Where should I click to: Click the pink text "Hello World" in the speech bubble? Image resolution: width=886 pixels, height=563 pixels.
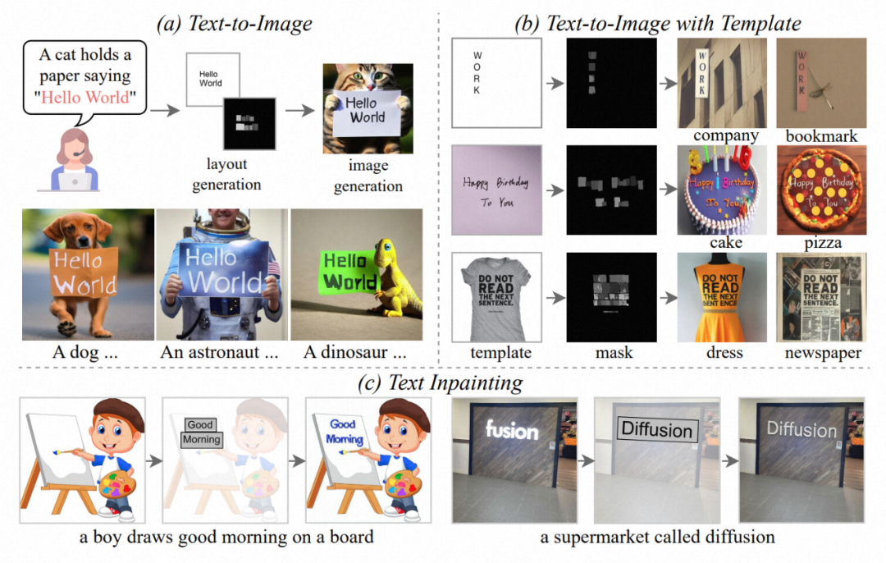[85, 98]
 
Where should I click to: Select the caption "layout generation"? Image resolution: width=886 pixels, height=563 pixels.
[226, 175]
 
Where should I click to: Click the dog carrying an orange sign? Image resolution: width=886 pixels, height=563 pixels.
[88, 274]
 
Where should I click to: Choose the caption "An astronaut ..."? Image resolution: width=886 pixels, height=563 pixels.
[221, 354]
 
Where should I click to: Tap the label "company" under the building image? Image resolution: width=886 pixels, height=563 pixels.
[724, 135]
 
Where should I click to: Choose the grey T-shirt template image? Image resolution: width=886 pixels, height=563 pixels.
[496, 297]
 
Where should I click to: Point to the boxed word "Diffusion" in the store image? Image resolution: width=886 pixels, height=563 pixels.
[656, 429]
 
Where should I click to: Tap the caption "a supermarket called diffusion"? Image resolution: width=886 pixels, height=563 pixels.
[657, 538]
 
